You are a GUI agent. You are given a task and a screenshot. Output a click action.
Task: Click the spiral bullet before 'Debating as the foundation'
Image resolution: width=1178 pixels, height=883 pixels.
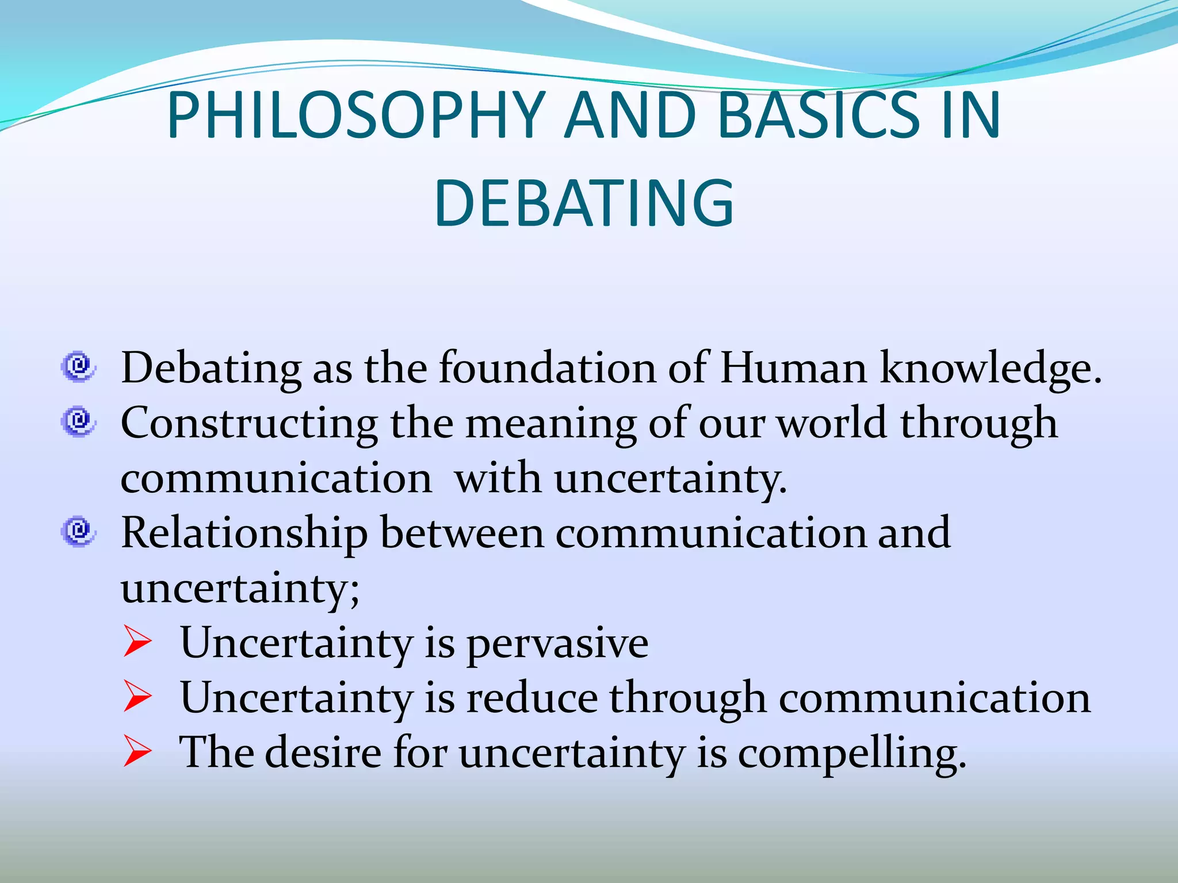[78, 366]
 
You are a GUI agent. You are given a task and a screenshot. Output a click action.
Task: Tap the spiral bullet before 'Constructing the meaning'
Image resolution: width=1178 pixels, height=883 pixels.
[78, 421]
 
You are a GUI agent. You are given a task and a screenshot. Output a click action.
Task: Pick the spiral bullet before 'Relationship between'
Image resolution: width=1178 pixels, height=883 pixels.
[78, 531]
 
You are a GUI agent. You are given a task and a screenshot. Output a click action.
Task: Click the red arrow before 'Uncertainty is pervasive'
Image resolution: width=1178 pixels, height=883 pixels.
[137, 642]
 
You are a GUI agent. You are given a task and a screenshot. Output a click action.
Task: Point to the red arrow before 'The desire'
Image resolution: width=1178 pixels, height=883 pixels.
[137, 753]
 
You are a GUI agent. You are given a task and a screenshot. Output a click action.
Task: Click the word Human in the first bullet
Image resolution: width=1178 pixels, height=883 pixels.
[793, 368]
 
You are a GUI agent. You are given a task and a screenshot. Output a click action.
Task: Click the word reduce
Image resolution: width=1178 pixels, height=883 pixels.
[531, 698]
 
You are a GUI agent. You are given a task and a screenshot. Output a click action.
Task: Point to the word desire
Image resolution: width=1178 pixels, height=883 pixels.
[323, 753]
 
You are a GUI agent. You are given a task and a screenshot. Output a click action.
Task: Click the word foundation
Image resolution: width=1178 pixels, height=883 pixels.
[548, 368]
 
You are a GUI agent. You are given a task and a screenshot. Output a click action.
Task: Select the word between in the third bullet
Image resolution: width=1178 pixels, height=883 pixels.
[462, 533]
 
